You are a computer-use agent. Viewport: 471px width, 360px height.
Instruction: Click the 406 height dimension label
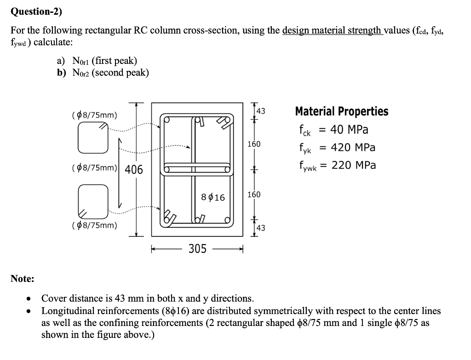pyautogui.click(x=134, y=170)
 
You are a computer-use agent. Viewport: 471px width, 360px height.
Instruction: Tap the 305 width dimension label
pyautogui.click(x=198, y=249)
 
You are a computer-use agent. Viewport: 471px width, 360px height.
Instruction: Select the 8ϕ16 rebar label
pyautogui.click(x=213, y=197)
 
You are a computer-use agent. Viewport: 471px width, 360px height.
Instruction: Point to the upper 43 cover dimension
pyautogui.click(x=261, y=111)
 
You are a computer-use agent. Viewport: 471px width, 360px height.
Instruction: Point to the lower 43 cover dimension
pyautogui.click(x=261, y=228)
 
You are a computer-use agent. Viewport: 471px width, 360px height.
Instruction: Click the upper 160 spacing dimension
pyautogui.click(x=254, y=144)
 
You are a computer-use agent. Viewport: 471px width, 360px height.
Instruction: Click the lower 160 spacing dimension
pyautogui.click(x=254, y=194)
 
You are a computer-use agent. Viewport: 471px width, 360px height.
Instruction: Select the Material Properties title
pyautogui.click(x=341, y=112)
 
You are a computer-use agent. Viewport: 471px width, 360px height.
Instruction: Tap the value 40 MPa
pyautogui.click(x=350, y=130)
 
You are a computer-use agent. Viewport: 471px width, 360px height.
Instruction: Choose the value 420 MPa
pyautogui.click(x=353, y=148)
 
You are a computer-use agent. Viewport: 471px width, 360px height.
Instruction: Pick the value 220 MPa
pyautogui.click(x=353, y=165)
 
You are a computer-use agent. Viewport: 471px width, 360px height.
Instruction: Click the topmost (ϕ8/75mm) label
pyautogui.click(x=94, y=114)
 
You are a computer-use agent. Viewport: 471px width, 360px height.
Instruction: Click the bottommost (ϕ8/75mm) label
pyautogui.click(x=94, y=225)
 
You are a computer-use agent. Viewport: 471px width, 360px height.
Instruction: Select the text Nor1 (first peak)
pyautogui.click(x=104, y=61)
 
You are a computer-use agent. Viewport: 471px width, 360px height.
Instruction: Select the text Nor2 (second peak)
pyautogui.click(x=110, y=73)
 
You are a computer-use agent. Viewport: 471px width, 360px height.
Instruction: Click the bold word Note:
pyautogui.click(x=23, y=279)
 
